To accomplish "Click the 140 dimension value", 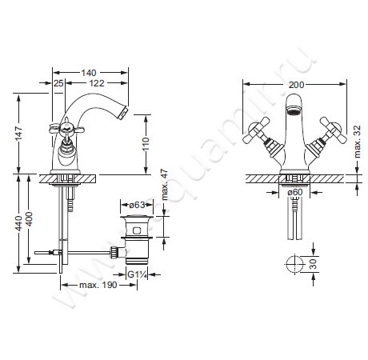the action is coord(89,73).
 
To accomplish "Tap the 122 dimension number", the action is coord(97,83).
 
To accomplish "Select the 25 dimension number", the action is coord(58,83).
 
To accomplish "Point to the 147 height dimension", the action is coord(18,134).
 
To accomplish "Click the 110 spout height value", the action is coord(146,144).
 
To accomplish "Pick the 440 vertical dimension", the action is coord(18,223).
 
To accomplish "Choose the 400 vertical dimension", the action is coord(29,219).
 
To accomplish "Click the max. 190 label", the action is coord(98,285).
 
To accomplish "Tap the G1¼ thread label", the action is coord(137,274).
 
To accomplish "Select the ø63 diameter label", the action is coord(137,205).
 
